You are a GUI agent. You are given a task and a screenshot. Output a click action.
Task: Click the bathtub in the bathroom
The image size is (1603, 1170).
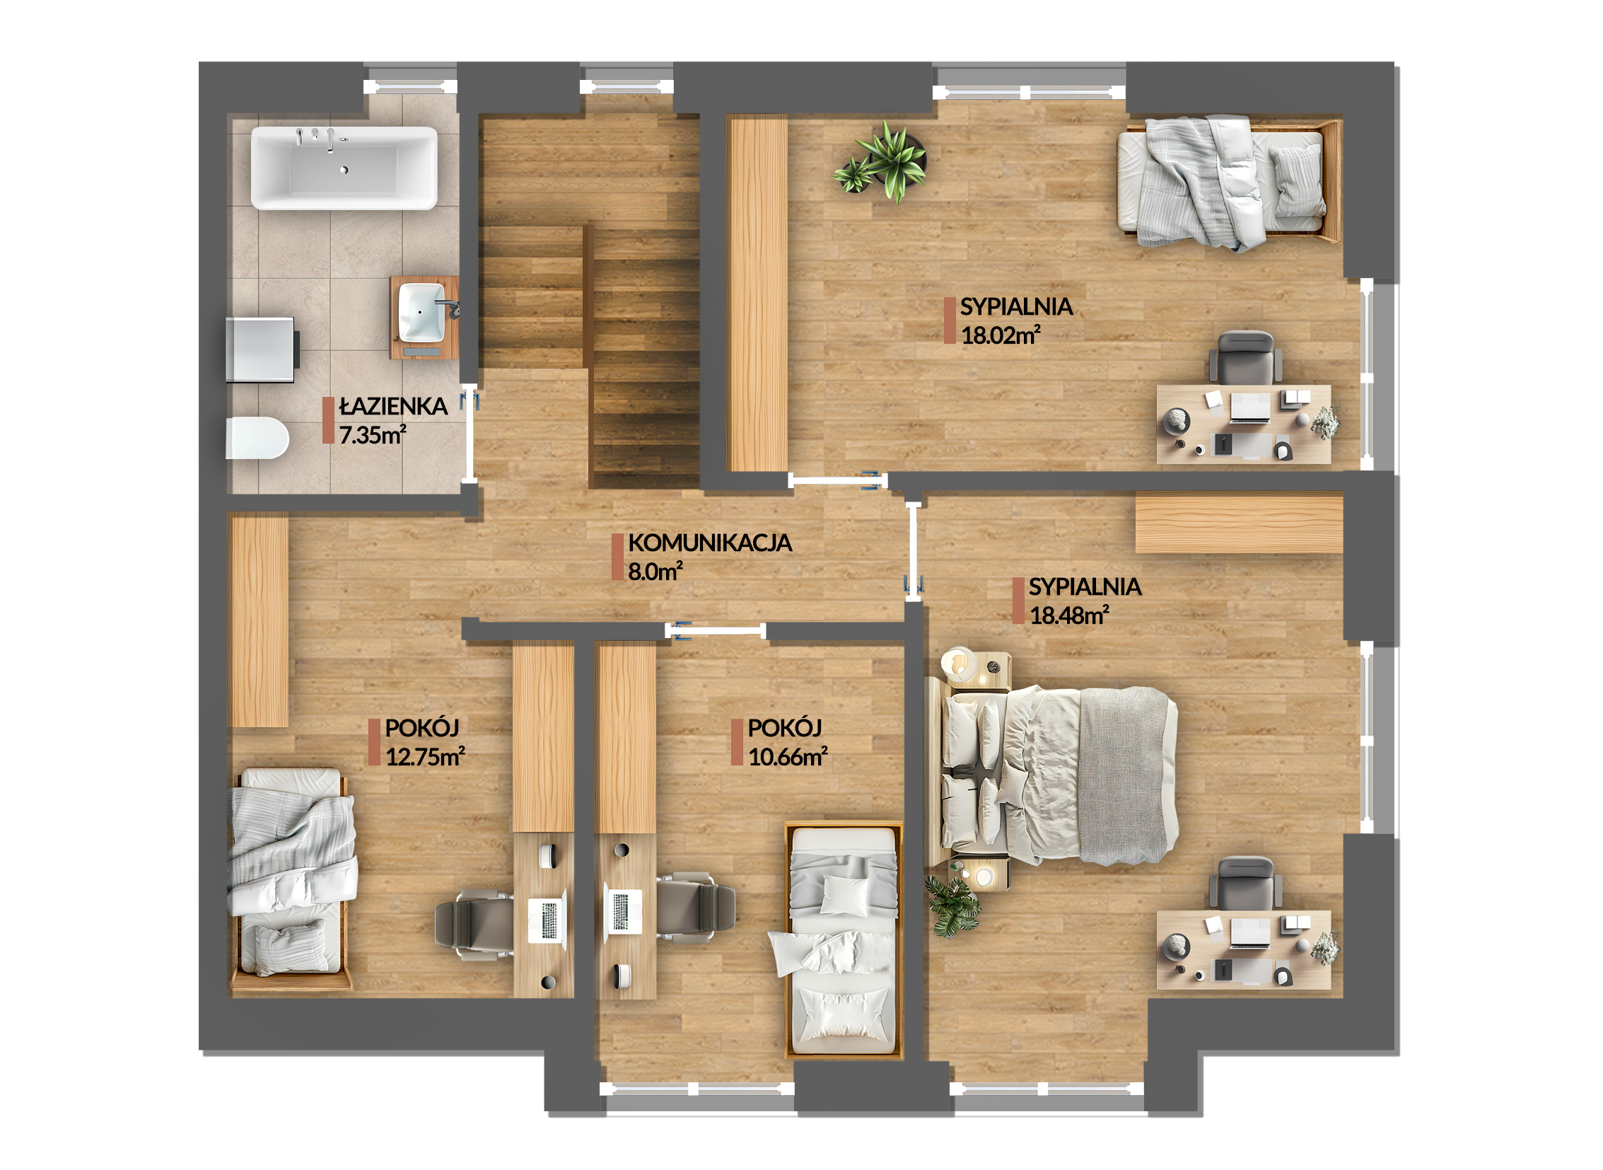click(344, 168)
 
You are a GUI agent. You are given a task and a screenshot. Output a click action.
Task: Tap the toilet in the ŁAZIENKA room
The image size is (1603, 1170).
click(257, 439)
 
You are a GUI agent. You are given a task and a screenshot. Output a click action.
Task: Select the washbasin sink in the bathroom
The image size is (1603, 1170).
click(422, 313)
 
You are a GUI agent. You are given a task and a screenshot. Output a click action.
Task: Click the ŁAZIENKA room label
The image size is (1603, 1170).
click(393, 407)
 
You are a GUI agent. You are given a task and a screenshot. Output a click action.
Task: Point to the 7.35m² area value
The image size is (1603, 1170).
click(373, 435)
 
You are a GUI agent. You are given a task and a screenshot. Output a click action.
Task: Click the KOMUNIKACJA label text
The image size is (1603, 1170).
click(710, 543)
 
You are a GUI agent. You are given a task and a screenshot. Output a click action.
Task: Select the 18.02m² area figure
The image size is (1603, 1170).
click(1001, 335)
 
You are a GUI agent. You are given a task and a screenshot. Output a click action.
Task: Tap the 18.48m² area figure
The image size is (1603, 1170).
click(1069, 615)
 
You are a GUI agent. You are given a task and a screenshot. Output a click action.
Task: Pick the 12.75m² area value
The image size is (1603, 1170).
click(425, 757)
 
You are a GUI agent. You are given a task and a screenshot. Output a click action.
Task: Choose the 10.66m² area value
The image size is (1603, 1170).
click(788, 757)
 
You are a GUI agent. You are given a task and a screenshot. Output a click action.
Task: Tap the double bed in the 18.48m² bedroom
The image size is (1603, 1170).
click(1051, 775)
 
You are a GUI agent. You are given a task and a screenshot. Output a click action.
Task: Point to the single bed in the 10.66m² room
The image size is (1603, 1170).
click(844, 941)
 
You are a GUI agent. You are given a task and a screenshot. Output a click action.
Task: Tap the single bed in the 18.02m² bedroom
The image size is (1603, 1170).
click(1229, 183)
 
